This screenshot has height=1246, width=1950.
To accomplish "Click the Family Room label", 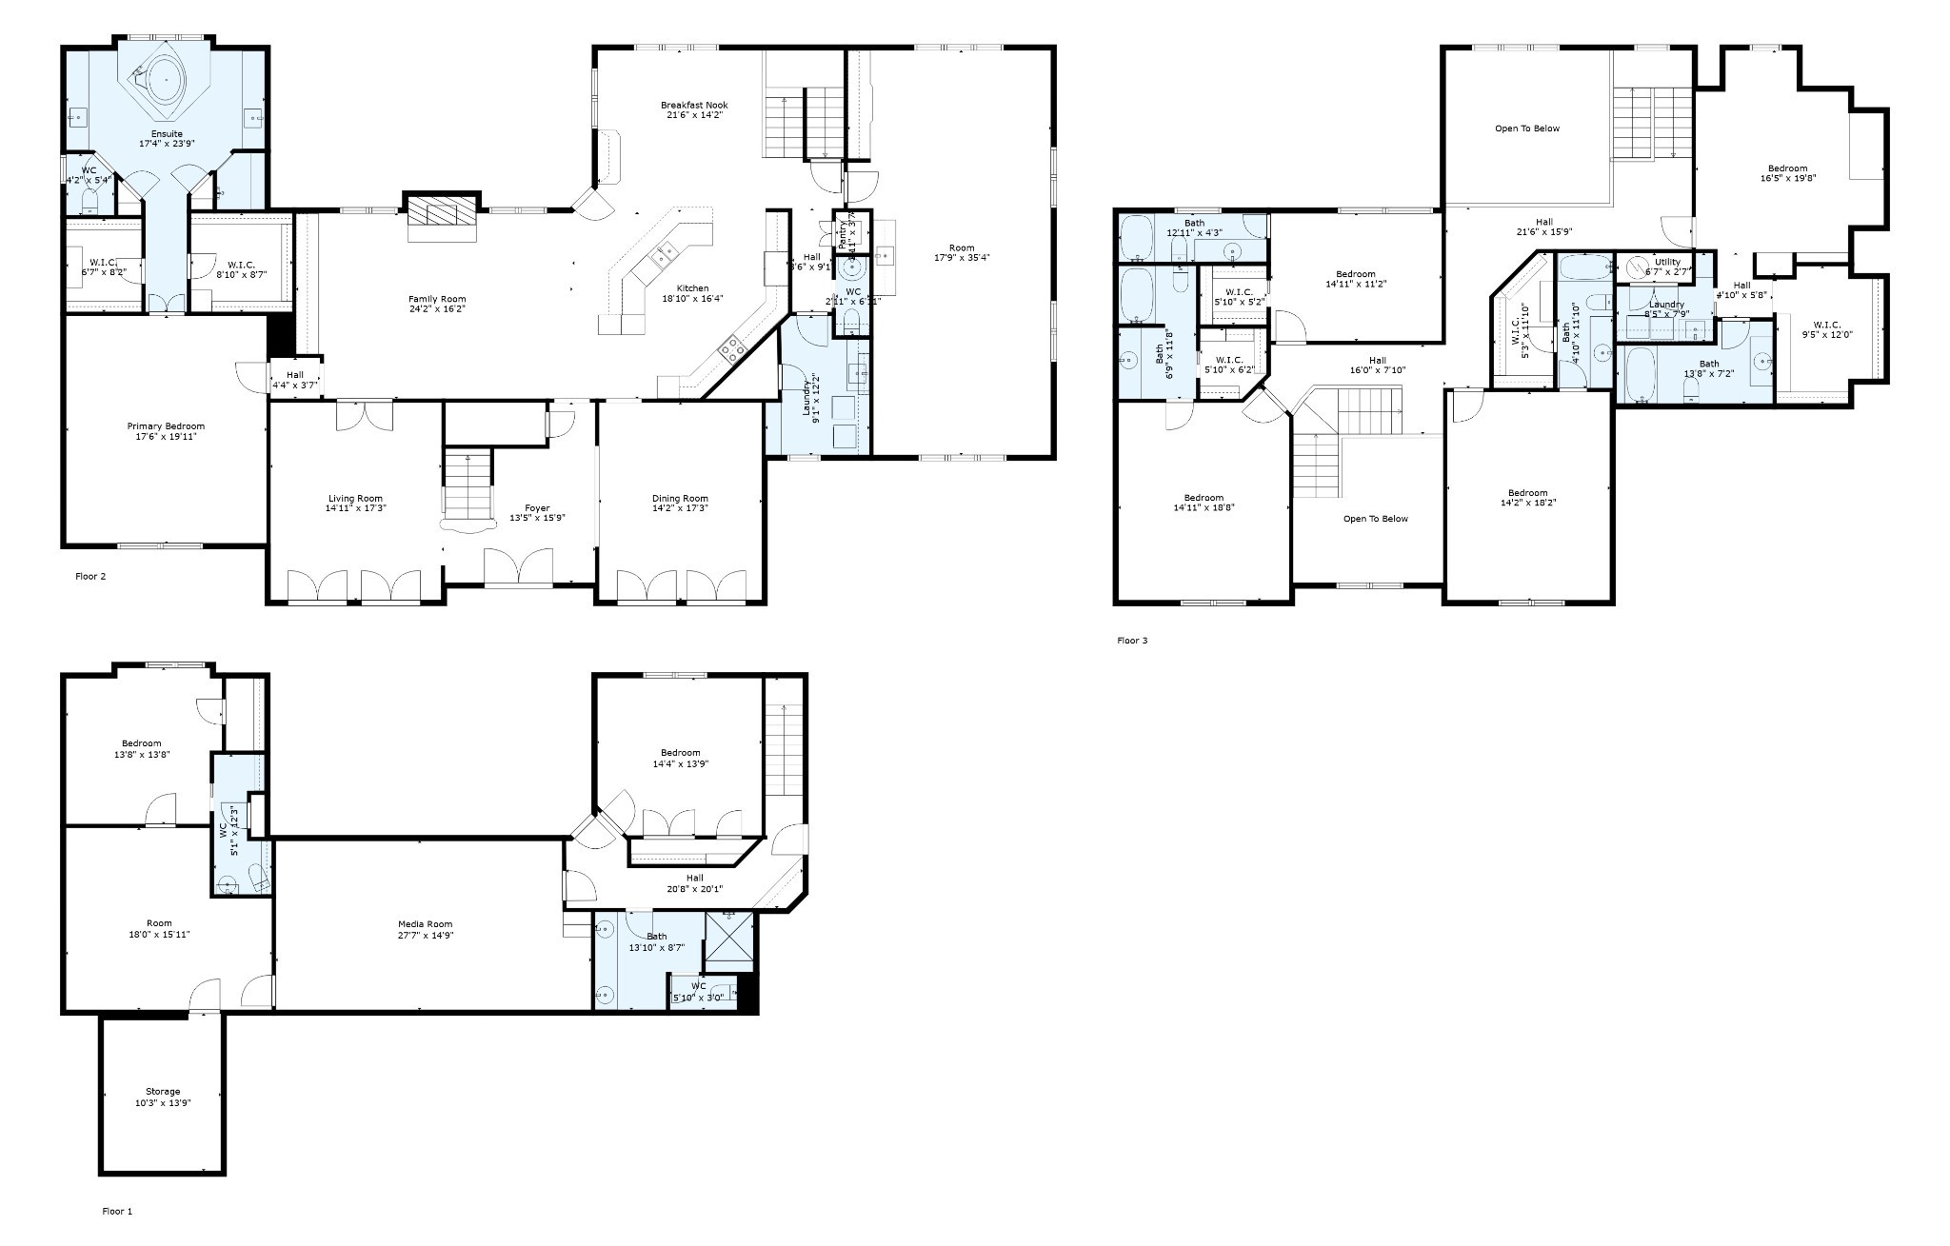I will pyautogui.click(x=437, y=299).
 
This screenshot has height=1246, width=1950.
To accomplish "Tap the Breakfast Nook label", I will pyautogui.click(x=694, y=105).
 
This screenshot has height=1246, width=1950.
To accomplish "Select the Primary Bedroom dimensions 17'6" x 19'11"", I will pyautogui.click(x=166, y=437).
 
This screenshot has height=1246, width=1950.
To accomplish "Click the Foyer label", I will pyautogui.click(x=537, y=507).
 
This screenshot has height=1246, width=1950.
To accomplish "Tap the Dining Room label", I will pyautogui.click(x=680, y=498).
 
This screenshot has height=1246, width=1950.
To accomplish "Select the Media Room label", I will pyautogui.click(x=425, y=923).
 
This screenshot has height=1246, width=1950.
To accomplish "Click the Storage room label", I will pyautogui.click(x=163, y=1091).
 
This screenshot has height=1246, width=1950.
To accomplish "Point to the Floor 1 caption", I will pyautogui.click(x=117, y=1211).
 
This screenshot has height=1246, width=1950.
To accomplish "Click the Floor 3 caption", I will pyautogui.click(x=1132, y=641).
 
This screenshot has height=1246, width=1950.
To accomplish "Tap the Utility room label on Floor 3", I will pyautogui.click(x=1667, y=262).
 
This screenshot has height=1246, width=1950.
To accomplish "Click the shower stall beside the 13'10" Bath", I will pyautogui.click(x=729, y=937).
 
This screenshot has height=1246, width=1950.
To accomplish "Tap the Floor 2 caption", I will pyautogui.click(x=90, y=576).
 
